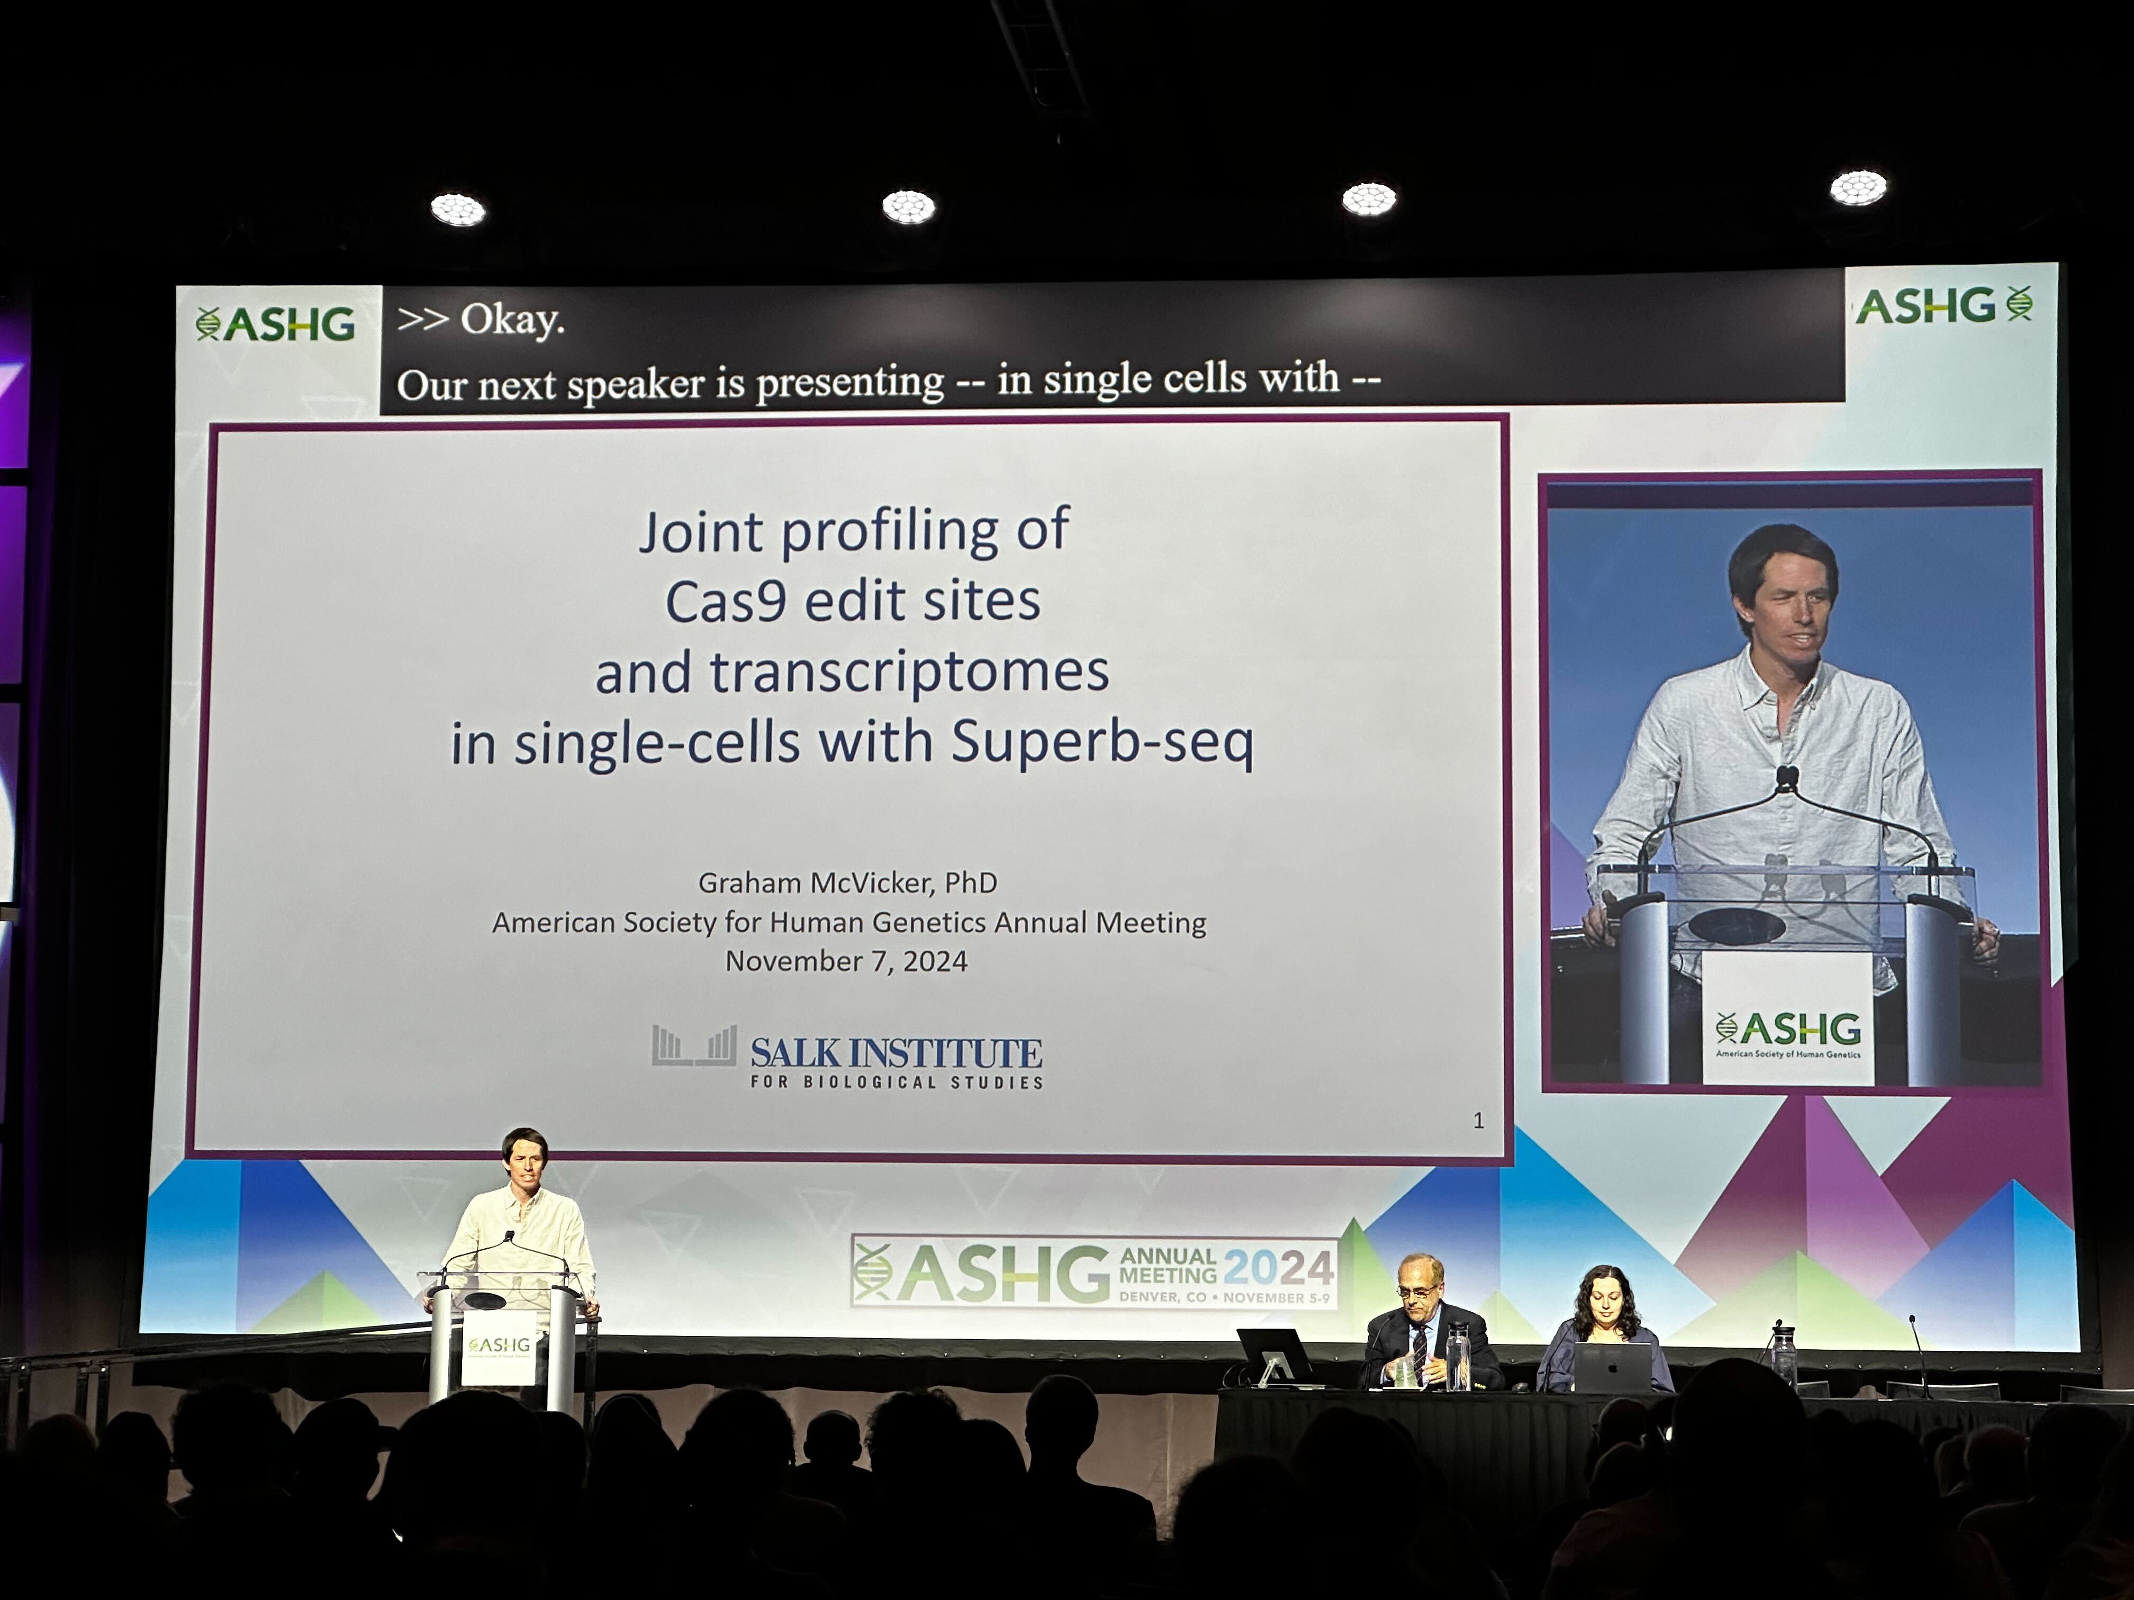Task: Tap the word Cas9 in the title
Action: (726, 602)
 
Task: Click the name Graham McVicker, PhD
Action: (847, 883)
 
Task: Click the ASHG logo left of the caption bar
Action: (276, 324)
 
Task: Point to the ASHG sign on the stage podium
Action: (499, 1347)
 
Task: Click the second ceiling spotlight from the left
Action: (908, 206)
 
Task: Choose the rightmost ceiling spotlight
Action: (1858, 188)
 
